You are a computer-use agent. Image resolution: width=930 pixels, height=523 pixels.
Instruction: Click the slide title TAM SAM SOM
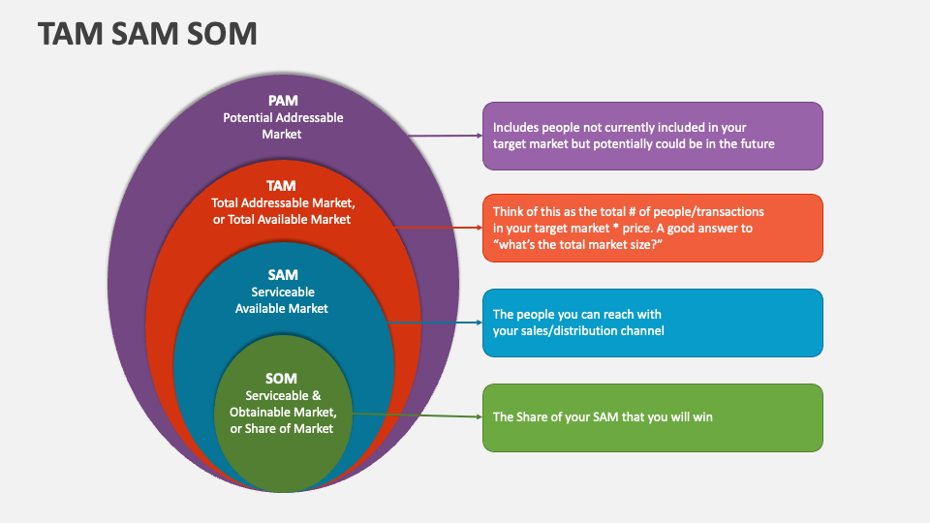(x=147, y=34)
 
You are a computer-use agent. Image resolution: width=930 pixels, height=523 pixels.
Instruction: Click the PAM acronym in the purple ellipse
(x=283, y=100)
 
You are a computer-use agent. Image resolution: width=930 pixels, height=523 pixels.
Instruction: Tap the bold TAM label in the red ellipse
(x=282, y=185)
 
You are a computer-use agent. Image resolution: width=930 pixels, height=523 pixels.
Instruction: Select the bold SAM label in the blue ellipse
(x=282, y=275)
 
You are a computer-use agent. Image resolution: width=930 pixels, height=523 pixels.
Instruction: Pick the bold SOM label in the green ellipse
(x=282, y=378)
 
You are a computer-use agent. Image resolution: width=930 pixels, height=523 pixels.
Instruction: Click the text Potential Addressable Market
(x=283, y=126)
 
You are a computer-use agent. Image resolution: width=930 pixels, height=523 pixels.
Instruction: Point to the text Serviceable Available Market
(x=282, y=300)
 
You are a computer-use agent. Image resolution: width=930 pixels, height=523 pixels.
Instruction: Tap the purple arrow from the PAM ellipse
(x=445, y=137)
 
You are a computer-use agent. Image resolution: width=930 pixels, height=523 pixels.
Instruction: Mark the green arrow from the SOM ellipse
(x=417, y=415)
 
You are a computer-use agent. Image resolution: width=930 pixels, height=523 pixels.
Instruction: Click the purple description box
(x=653, y=136)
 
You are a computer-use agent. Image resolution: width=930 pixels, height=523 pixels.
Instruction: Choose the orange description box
(x=653, y=228)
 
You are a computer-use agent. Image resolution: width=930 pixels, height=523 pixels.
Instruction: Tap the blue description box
(x=653, y=323)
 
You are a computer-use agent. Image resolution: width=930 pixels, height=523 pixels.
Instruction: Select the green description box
(x=653, y=417)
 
